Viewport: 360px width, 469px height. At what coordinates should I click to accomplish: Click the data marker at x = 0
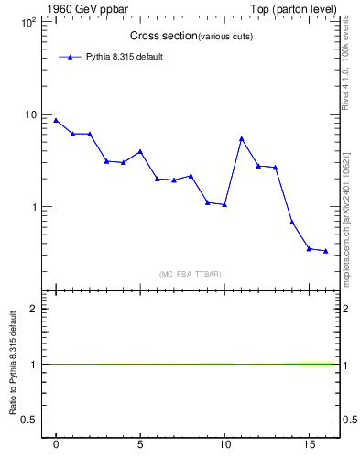pos(56,120)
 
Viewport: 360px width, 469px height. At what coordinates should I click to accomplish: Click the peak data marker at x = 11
pos(241,138)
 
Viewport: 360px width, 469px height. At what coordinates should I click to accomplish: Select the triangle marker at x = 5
pos(140,151)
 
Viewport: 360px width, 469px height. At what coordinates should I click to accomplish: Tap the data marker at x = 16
pos(325,251)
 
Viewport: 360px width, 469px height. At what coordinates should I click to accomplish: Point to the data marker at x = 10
pos(224,204)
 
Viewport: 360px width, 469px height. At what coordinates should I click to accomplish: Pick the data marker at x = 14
pos(291,222)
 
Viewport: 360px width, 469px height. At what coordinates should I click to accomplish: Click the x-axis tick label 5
pos(140,444)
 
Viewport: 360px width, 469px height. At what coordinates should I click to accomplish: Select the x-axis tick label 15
pos(308,444)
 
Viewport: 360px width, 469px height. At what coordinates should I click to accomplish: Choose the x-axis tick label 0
pos(56,444)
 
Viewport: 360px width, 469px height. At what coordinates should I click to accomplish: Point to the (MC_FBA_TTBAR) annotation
pos(190,274)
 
